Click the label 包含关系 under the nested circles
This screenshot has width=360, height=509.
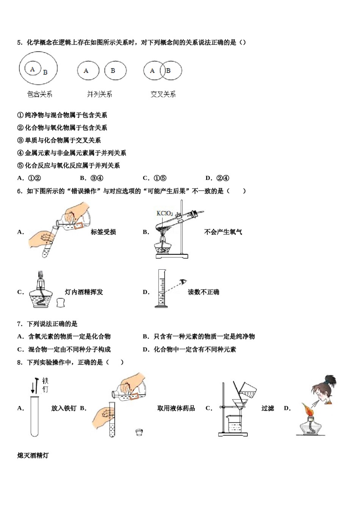(x=40, y=94)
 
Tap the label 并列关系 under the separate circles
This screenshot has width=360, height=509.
(x=99, y=94)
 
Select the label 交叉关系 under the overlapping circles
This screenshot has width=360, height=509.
(x=163, y=94)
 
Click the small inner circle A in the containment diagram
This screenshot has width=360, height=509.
(x=33, y=69)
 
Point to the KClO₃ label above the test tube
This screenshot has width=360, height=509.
(x=164, y=214)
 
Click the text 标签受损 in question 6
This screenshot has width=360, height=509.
(x=103, y=232)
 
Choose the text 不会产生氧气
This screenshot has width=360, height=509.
(x=223, y=232)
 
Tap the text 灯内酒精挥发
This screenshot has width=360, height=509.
(x=84, y=292)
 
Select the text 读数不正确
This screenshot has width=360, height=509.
(x=203, y=292)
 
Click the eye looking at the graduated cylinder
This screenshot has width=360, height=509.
(x=184, y=281)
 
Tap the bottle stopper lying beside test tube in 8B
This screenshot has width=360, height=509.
(x=140, y=432)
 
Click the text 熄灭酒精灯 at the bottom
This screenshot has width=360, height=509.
(x=33, y=455)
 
